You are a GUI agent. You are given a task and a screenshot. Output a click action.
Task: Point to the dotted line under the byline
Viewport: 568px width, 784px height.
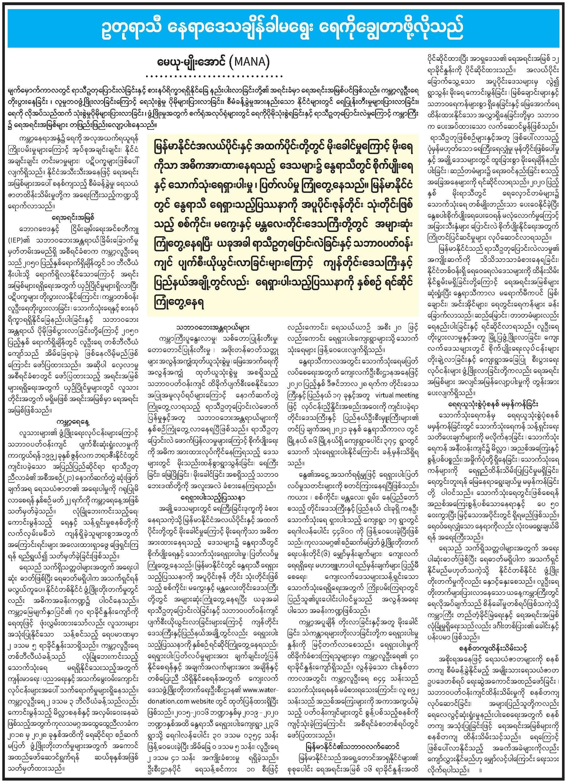pos(214,75)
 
